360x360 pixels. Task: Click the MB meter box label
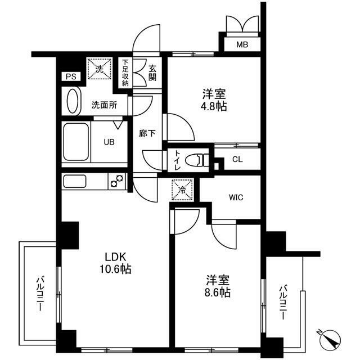point(241,45)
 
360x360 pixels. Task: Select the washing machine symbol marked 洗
point(98,70)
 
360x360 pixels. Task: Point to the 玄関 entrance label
point(152,73)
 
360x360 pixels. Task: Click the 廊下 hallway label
point(147,134)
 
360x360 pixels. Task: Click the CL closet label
point(237,159)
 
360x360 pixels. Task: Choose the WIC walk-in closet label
point(236,197)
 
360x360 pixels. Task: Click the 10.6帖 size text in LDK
point(116,269)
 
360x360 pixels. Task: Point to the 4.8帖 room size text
point(214,106)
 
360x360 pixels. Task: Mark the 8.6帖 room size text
point(217,292)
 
